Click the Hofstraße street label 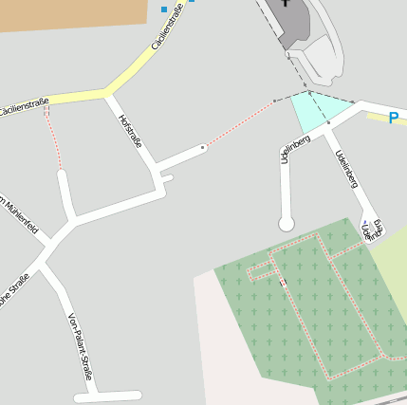point(130,131)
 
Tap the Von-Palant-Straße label point(80,346)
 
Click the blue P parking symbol point(394,119)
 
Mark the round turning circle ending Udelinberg point(286,224)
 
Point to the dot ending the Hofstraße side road point(203,147)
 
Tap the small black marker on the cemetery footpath point(283,282)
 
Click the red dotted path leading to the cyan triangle point(242,122)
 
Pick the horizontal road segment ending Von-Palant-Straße point(107,396)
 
